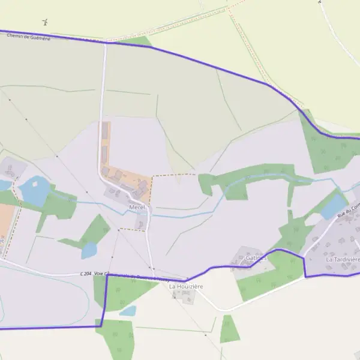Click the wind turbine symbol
tap(45, 22)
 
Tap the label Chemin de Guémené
tap(29, 37)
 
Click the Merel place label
tap(137, 207)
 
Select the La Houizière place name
tap(186, 287)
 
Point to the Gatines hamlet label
tap(256, 258)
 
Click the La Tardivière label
tap(343, 259)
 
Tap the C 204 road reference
tap(88, 274)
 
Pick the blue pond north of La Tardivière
tap(333, 206)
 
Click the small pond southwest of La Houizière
tap(127, 311)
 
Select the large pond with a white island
tap(35, 191)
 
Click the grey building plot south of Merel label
tap(141, 224)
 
